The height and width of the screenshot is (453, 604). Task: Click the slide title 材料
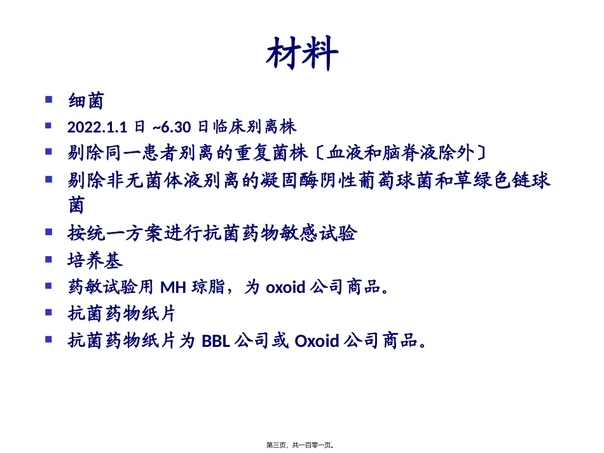click(302, 54)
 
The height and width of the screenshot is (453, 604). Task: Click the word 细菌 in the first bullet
click(85, 100)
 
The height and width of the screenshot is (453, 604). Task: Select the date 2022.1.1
click(99, 127)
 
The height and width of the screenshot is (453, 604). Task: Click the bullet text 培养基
click(94, 260)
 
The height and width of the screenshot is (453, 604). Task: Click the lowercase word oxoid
click(285, 287)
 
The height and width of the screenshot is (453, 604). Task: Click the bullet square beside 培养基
click(49, 259)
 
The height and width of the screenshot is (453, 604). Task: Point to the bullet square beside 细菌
click(49, 99)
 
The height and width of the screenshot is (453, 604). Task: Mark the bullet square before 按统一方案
click(49, 232)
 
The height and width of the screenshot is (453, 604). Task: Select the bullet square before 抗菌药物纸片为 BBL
click(49, 339)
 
